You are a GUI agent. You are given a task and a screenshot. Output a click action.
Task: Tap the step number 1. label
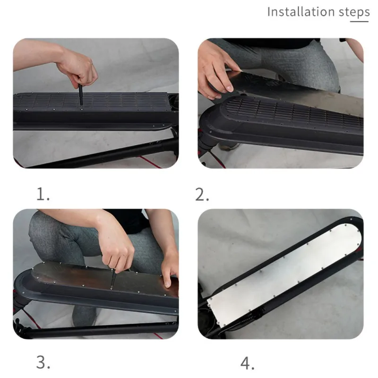point(43,194)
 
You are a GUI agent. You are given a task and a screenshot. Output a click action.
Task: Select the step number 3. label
point(43,363)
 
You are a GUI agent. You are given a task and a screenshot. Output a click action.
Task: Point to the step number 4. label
point(248,363)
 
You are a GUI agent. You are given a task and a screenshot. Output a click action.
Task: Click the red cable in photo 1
point(156,163)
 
